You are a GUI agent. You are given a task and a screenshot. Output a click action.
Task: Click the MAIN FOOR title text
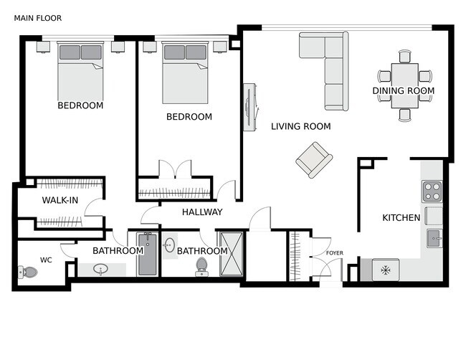[x=38, y=18]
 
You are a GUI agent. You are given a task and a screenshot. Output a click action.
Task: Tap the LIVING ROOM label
[x=301, y=126]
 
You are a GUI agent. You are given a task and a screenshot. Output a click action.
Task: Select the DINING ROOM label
[x=404, y=90]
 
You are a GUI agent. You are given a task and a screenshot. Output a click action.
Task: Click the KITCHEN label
[x=401, y=217]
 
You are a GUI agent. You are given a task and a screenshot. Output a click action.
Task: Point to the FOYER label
[x=335, y=253]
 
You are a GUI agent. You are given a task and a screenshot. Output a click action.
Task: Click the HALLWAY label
[x=202, y=212]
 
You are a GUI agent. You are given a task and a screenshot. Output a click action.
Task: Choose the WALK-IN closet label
[x=60, y=200]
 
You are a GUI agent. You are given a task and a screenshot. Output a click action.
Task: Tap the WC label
[x=46, y=260]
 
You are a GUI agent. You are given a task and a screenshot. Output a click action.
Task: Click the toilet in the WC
[x=28, y=272]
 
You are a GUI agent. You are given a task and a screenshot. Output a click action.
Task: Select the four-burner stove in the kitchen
[x=432, y=191]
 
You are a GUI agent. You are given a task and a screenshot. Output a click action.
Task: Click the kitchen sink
[x=434, y=238]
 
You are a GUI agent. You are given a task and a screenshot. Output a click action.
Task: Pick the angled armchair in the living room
[x=314, y=160]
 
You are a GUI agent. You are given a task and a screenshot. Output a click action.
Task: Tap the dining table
[x=405, y=85]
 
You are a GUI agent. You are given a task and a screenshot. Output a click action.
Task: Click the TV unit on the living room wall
[x=249, y=108]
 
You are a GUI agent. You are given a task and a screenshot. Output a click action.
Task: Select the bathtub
[x=147, y=254]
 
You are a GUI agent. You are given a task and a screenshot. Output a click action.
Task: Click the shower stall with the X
[x=232, y=254]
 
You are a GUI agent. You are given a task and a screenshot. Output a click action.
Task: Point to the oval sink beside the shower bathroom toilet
[x=170, y=245]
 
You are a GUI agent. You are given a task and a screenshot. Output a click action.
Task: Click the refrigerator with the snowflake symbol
[x=386, y=270]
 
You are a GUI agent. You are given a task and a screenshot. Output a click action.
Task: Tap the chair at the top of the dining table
[x=405, y=56]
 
